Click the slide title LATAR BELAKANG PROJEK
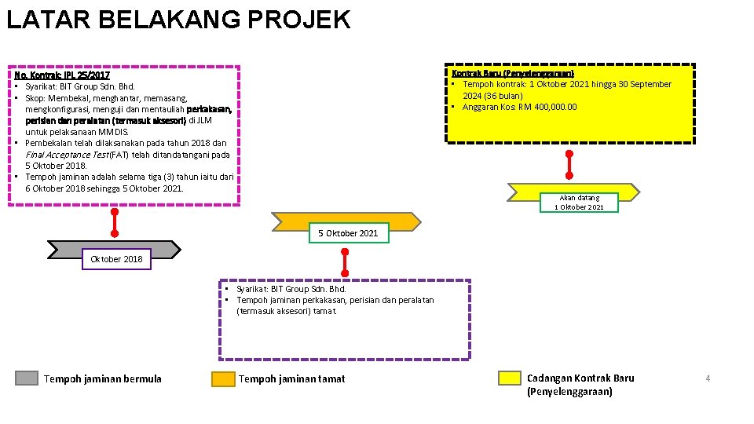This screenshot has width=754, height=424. coord(178,19)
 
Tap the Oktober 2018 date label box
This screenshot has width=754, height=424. coord(116,259)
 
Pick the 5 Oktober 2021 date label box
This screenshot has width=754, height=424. coord(348,233)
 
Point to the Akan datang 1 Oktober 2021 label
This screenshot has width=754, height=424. coord(579,203)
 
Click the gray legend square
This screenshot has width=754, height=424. coord(27,378)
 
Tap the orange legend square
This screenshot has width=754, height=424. coord(223,378)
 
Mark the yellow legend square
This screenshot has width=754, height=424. coord(511,378)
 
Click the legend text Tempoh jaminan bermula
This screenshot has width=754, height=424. coord(103,379)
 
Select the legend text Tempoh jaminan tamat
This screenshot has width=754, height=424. coord(291,379)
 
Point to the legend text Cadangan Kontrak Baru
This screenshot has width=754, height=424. coord(580,378)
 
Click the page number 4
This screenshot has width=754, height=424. coord(708,379)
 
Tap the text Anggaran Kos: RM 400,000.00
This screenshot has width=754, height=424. coord(519,108)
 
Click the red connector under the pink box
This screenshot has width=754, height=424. coord(115,222)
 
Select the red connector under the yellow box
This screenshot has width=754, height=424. coord(569,164)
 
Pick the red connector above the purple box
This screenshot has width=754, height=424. coord(345,261)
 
